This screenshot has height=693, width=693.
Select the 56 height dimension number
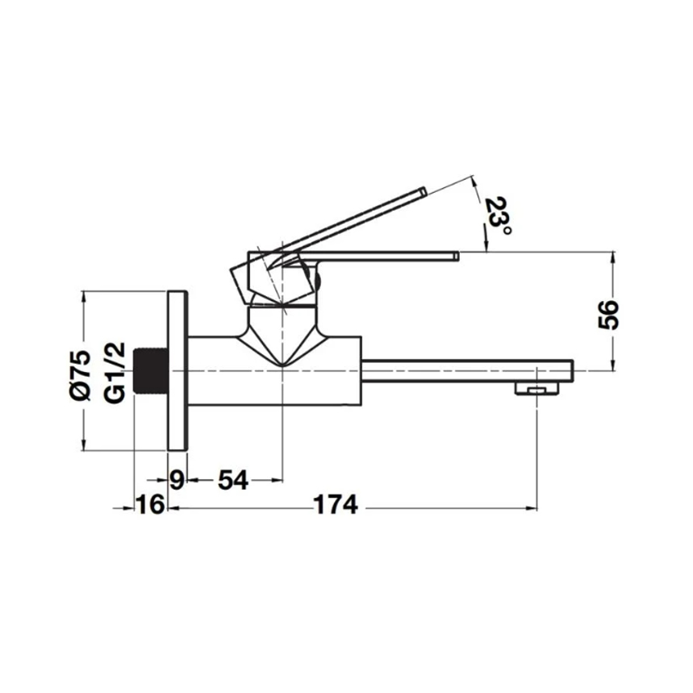click(608, 315)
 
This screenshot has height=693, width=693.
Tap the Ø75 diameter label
click(81, 376)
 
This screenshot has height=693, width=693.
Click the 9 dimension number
click(177, 479)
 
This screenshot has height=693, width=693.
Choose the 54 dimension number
click(233, 479)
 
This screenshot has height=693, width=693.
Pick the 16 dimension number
click(150, 504)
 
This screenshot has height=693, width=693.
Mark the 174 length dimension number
click(336, 504)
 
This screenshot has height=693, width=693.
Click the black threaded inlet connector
click(151, 370)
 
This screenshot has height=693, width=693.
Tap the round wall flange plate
click(178, 371)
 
